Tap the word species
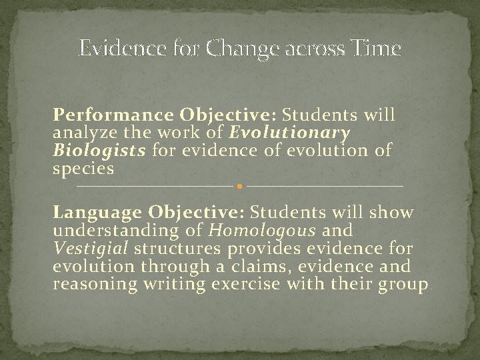tap(84, 169)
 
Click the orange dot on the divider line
tap(239, 185)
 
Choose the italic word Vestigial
tap(91, 249)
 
